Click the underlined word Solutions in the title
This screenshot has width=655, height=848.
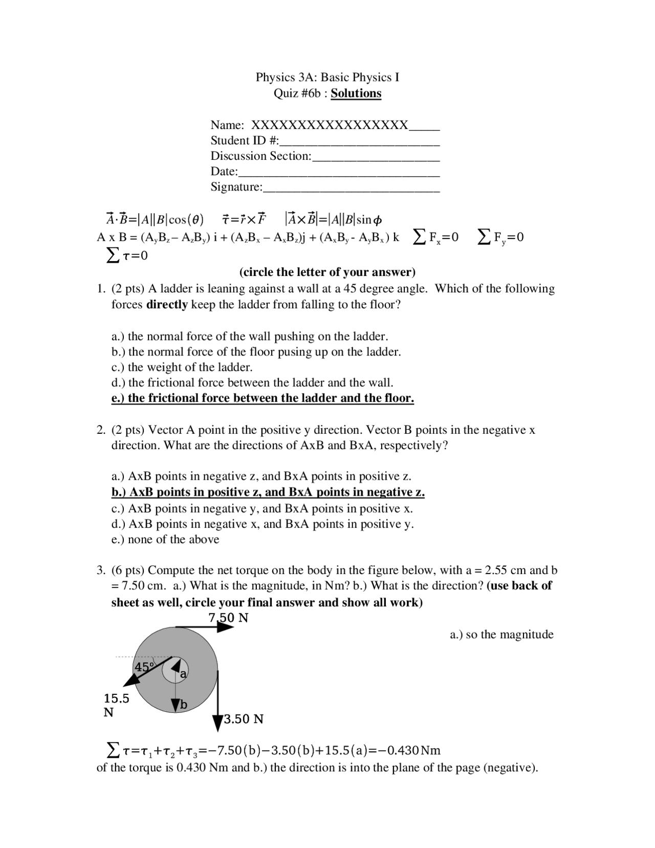coord(356,93)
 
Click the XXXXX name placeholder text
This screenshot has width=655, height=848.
coord(330,125)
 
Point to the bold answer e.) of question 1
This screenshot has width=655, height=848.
coord(263,398)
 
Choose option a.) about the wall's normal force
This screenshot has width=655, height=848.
coord(250,336)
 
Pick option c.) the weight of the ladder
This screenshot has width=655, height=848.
coord(182,367)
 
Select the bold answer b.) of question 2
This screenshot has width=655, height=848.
coord(268,492)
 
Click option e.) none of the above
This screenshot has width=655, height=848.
coord(165,539)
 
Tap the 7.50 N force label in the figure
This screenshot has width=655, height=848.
coord(228,618)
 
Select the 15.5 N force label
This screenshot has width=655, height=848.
coord(116,705)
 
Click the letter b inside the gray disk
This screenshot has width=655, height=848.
coord(183,705)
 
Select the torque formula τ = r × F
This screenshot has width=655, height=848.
coord(244,220)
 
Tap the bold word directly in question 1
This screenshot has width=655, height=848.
coord(167,305)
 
